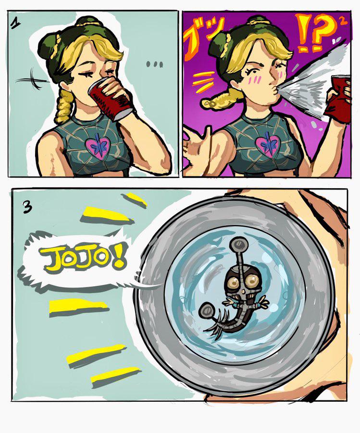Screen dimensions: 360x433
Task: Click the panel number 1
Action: [x=15, y=24]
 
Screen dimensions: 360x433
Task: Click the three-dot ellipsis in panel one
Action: [x=154, y=64]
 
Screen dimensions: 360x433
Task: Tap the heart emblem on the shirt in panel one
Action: [x=98, y=146]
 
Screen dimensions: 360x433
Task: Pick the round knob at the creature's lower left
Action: [x=207, y=310]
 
